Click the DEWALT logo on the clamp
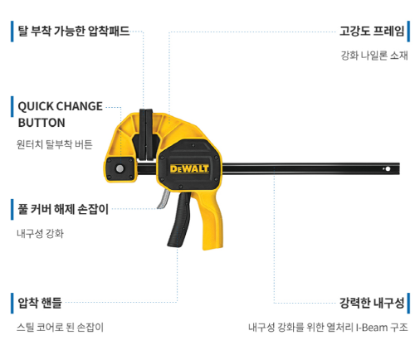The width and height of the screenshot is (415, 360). (x=189, y=168)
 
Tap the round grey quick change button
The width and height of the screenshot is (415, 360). (x=120, y=168)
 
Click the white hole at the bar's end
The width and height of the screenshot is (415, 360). (x=388, y=168)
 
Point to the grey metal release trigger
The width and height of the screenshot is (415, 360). (x=164, y=199)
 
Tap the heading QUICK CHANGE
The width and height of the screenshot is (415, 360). (x=60, y=106)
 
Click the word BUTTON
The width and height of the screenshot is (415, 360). (x=41, y=123)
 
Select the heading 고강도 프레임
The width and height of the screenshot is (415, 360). (x=372, y=31)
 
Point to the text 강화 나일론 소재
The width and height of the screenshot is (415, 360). (x=374, y=56)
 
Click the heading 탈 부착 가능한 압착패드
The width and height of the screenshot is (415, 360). (x=74, y=31)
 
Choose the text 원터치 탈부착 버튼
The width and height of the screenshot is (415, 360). (x=55, y=144)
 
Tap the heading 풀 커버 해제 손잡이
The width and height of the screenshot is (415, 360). (x=63, y=209)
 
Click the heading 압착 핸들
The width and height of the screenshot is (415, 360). (x=40, y=303)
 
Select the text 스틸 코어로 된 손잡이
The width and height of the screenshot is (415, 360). (x=60, y=328)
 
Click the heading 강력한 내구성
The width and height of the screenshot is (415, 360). (x=372, y=303)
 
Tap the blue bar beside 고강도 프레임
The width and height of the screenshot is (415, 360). (x=408, y=32)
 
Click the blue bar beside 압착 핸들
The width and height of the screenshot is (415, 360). (x=12, y=304)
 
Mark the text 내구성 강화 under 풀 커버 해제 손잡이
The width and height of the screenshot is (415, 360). (x=40, y=234)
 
